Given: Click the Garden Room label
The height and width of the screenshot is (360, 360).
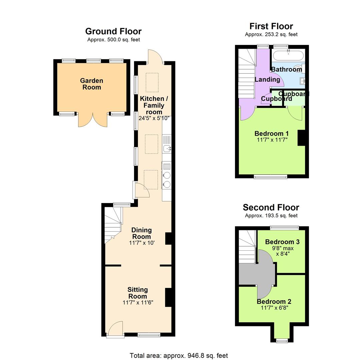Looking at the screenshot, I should tap(92, 84).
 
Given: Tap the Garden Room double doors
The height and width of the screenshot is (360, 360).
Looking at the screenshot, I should tap(92, 120).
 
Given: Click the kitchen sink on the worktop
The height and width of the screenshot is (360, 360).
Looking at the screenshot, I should tap(167, 148).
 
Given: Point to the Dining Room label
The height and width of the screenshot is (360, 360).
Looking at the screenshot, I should tap(141, 233).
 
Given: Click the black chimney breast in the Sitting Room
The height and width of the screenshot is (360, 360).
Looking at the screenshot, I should tap(168, 297).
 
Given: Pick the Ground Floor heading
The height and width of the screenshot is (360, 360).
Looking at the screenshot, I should tap(113, 31).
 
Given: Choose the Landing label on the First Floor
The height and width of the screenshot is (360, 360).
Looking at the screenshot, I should tap(267, 79).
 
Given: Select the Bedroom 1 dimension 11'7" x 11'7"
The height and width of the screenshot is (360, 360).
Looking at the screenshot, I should tap(272, 140).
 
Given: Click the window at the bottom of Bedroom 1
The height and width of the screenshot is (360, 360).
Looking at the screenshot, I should tap(270, 177).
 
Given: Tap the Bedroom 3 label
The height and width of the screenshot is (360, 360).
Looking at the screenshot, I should tap(282, 242).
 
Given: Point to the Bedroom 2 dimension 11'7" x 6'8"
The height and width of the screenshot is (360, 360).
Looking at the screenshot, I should tap(274, 308).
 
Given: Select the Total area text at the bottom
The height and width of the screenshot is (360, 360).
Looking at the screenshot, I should tap(179, 356).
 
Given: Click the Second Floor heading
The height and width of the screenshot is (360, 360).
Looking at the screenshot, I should tap(271, 208).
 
